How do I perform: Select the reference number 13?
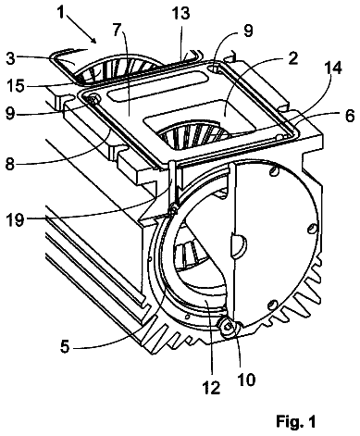[x=181, y=13]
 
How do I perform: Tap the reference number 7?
[x=117, y=31]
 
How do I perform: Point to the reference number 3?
[x=11, y=57]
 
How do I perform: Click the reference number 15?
[x=15, y=85]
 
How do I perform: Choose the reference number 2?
[x=292, y=57]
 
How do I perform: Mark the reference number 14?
[x=332, y=68]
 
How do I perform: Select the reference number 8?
[x=10, y=164]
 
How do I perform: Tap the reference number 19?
[x=15, y=219]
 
